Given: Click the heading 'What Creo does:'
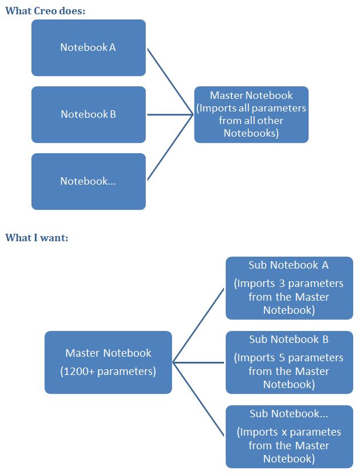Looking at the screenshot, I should (x=45, y=10).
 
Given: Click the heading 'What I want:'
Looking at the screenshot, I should (x=37, y=237).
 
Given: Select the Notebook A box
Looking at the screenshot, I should (x=89, y=47).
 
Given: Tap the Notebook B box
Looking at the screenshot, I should (x=89, y=114).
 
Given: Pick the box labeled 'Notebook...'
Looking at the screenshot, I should (x=89, y=181).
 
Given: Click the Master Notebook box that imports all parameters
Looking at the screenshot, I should (x=251, y=114).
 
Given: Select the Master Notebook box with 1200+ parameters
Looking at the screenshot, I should (x=108, y=362).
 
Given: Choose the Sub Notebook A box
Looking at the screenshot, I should (x=289, y=288).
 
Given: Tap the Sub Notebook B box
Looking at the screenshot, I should (x=289, y=362).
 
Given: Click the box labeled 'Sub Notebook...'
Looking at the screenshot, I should (x=289, y=436).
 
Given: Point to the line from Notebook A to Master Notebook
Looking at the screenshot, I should (x=170, y=81).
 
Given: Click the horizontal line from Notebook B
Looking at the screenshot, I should (x=170, y=114).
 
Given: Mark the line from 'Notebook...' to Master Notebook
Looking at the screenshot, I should (x=170, y=147).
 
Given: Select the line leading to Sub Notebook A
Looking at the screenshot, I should (x=199, y=325).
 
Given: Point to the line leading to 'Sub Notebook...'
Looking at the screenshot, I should (x=199, y=399).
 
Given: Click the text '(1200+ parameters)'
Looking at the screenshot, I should (x=108, y=372).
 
